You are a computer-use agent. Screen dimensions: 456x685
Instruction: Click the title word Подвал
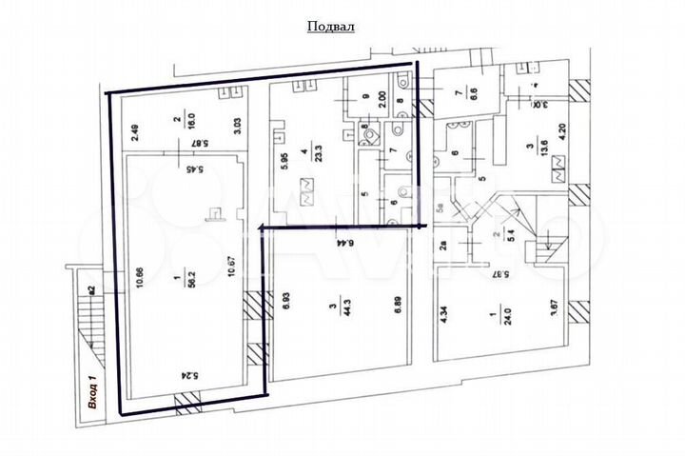pos(330,27)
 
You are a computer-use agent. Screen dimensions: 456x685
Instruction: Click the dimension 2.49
pos(135,133)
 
